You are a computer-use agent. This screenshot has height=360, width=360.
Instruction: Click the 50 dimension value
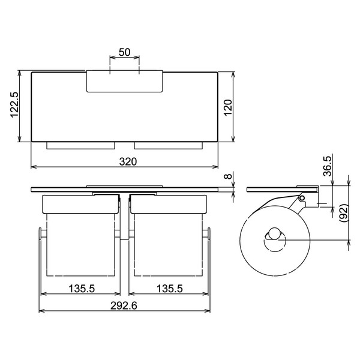(x=124, y=52)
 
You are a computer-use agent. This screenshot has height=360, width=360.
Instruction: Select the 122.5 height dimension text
(x=14, y=104)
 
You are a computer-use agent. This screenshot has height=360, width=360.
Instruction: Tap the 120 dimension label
(x=228, y=108)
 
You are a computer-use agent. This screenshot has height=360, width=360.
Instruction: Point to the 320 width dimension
(x=128, y=161)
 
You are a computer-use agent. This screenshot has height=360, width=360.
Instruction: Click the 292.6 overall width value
(x=124, y=305)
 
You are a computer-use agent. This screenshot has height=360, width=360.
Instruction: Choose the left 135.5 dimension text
(x=82, y=289)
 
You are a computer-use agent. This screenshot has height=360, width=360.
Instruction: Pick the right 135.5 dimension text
(x=170, y=289)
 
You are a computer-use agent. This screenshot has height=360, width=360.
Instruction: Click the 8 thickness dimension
(x=228, y=176)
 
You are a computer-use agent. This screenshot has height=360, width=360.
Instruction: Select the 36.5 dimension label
(x=328, y=166)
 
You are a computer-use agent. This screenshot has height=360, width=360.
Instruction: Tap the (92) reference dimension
(x=344, y=213)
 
